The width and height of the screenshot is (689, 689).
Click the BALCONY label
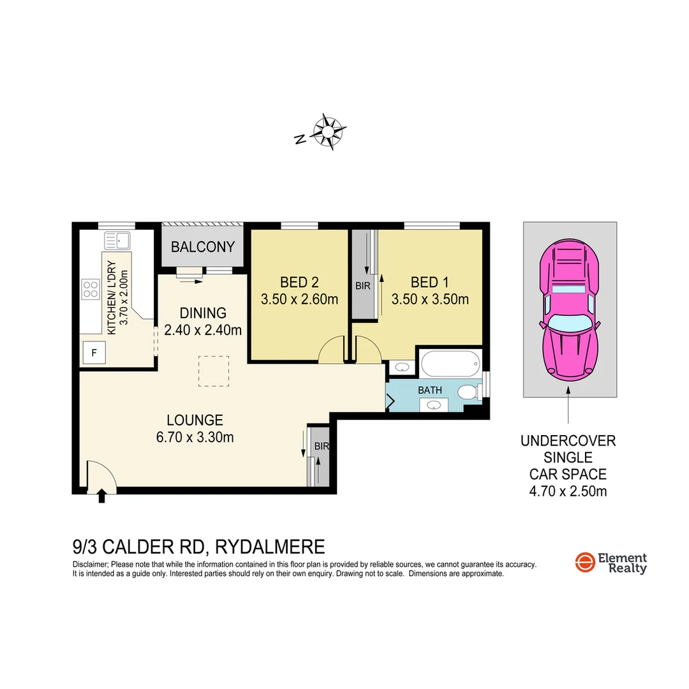[x=203, y=247]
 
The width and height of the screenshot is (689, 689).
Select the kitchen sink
[x=118, y=241]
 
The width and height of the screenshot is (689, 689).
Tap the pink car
[x=569, y=311]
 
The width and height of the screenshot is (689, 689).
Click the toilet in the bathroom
[x=469, y=392]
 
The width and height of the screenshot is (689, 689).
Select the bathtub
[x=449, y=364]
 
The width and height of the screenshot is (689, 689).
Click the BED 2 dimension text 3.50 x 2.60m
[x=299, y=299]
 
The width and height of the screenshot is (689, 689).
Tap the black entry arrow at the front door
[x=101, y=496]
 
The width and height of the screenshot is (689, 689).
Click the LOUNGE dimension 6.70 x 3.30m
[x=195, y=437]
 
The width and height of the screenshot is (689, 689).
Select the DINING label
[x=203, y=313]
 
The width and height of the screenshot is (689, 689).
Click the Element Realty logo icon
[x=584, y=563]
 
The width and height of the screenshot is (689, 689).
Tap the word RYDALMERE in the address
[x=270, y=547]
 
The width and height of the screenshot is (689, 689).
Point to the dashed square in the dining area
[x=213, y=371]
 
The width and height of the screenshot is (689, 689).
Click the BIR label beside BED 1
[x=362, y=286]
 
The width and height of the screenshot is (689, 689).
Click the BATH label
[x=429, y=390]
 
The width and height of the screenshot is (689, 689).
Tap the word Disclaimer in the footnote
[x=91, y=565]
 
